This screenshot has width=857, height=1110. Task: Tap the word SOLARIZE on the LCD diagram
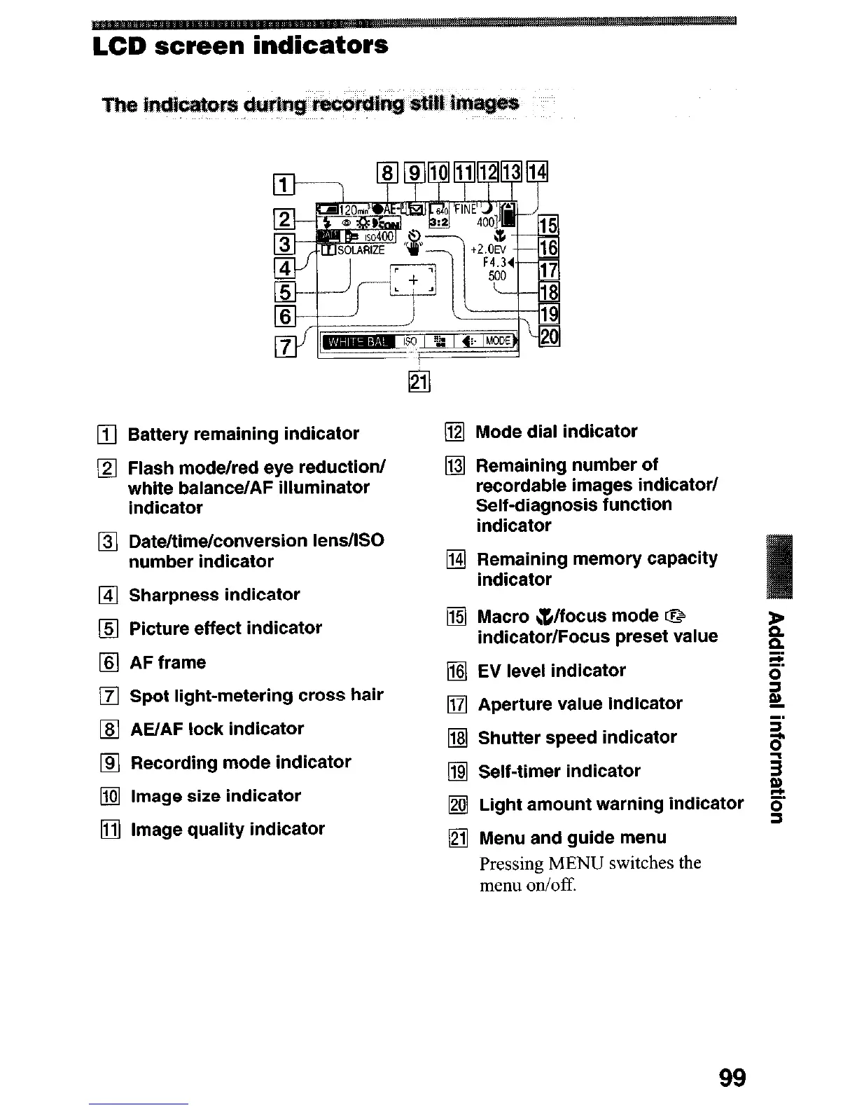coord(361,250)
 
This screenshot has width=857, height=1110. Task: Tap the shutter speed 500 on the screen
coord(496,276)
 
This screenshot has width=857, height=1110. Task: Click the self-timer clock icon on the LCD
coord(414,235)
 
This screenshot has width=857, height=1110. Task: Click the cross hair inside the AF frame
coord(413,280)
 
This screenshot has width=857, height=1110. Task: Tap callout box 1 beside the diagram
coord(284,185)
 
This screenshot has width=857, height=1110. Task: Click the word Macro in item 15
coord(503,617)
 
